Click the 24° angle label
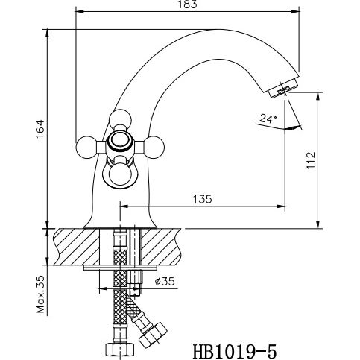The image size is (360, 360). tap(268, 118)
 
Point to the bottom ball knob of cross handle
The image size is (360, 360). tap(120, 176)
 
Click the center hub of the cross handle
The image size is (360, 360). tap(119, 144)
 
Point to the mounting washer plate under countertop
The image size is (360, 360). tap(120, 266)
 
